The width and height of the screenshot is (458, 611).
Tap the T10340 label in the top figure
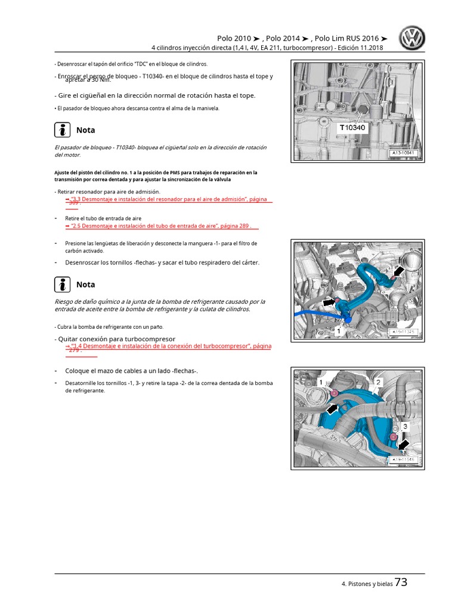click(353, 128)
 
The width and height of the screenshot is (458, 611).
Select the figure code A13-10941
click(405, 153)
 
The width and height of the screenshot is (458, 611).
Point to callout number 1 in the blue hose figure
click(339, 330)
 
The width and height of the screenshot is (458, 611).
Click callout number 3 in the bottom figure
click(405, 426)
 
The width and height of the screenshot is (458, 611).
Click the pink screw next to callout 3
click(395, 438)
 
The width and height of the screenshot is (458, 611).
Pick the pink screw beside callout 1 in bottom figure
click(334, 392)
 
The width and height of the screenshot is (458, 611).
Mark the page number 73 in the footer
click(401, 583)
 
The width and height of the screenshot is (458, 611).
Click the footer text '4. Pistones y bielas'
click(367, 585)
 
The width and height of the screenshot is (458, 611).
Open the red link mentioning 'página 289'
click(162, 226)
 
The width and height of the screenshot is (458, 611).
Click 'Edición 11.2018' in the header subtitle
click(358, 48)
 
